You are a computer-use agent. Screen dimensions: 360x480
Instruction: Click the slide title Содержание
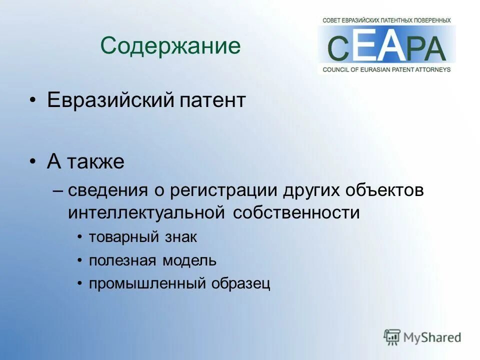[x=170, y=46]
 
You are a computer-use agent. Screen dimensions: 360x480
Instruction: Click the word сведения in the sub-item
[x=107, y=190]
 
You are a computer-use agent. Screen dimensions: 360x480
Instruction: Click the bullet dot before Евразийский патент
[x=32, y=101]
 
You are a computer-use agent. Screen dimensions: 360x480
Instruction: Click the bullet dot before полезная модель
[x=80, y=260]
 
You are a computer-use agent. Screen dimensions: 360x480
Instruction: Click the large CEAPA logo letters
[x=386, y=48]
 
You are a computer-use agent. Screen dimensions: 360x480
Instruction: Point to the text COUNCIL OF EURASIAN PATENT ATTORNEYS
[x=386, y=69]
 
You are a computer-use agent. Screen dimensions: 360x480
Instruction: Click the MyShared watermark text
[x=432, y=337]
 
